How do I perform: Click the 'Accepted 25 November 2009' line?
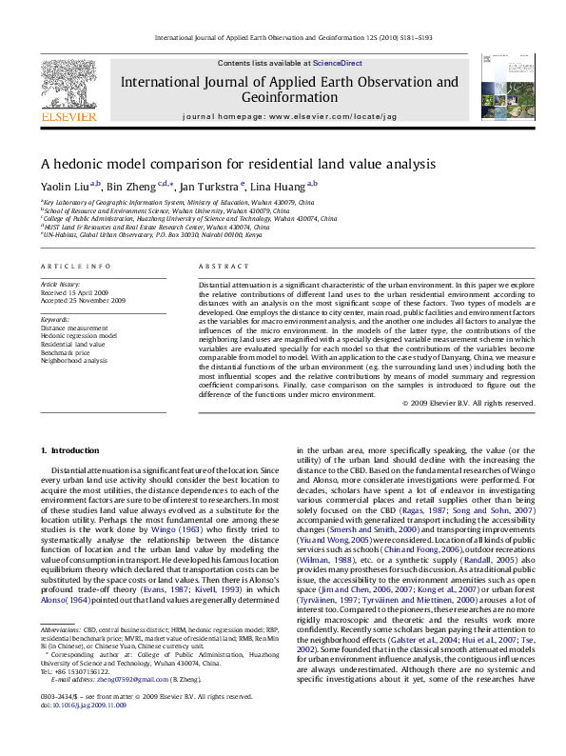pyautogui.click(x=83, y=300)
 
